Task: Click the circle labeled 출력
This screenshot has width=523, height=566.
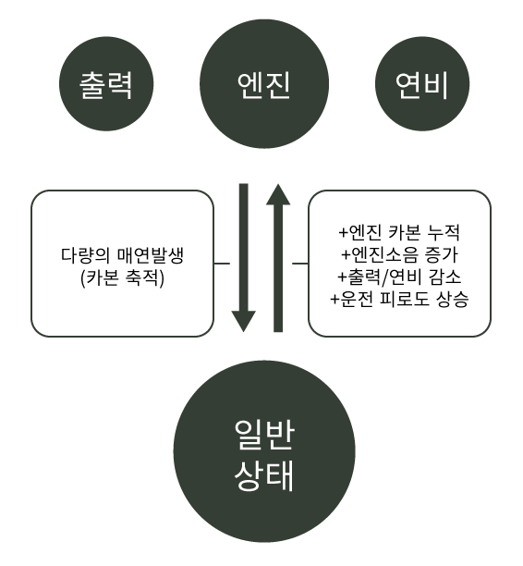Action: (106, 84)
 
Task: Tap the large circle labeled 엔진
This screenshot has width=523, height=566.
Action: (264, 84)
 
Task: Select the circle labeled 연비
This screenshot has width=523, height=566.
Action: (422, 84)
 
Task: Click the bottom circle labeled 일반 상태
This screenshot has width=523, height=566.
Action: (264, 451)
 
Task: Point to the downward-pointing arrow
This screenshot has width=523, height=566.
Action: (244, 257)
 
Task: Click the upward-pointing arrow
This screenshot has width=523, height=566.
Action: (278, 258)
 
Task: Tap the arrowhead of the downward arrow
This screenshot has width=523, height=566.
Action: (244, 321)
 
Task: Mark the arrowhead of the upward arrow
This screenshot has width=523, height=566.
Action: (278, 194)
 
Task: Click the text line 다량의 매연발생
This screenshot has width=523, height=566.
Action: (122, 255)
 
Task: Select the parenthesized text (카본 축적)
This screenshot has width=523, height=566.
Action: (122, 278)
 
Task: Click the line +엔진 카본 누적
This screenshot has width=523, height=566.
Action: (399, 232)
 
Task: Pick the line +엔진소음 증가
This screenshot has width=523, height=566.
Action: (399, 254)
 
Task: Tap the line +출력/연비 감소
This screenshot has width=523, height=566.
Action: (399, 277)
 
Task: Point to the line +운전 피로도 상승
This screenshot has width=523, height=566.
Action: (399, 300)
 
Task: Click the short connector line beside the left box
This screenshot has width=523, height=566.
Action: (222, 264)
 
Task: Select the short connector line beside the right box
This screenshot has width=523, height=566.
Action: (300, 264)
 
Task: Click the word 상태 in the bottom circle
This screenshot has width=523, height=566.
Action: (264, 475)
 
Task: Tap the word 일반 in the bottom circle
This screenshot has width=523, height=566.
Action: (264, 435)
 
